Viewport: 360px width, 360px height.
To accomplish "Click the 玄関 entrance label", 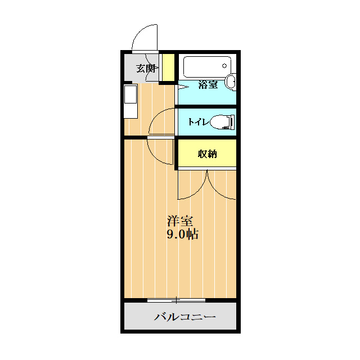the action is pos(147,69).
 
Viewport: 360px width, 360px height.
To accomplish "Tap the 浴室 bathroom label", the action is pos(208,84).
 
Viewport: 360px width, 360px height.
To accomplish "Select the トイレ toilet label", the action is pos(199,121).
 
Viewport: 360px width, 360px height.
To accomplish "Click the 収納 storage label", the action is pos(208,154).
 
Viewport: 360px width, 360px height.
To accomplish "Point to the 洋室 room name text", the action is pos(180,221).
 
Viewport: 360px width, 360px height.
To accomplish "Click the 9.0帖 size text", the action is pos(182,235).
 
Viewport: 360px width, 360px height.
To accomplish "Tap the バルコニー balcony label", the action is pos(185,317).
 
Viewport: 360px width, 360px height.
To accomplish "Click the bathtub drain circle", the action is pos(224,66).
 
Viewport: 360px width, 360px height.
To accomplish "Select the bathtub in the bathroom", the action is pos(207,67).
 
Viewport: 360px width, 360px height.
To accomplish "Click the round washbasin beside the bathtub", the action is pos(231,82).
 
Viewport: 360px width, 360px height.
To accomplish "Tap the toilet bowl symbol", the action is pos(222,122).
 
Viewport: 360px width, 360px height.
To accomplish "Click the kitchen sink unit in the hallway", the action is pos(130,101).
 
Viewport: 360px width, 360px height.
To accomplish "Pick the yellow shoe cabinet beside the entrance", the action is pos(169,67).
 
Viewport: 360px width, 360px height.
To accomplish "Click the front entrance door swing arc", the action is pos(138,32).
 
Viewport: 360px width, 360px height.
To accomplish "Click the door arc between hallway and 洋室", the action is pos(154,157).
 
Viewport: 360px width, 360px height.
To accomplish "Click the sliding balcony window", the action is pos(176,300).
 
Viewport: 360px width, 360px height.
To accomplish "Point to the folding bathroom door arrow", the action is pos(182,87).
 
